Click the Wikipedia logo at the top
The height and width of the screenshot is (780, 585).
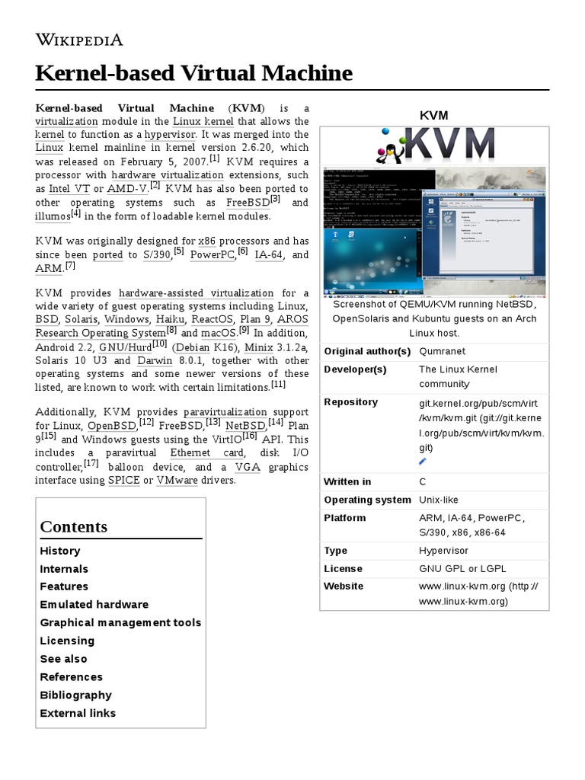click(79, 40)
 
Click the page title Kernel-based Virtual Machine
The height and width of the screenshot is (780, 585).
click(194, 73)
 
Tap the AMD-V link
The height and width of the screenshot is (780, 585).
click(127, 188)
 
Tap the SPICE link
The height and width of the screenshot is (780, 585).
click(123, 480)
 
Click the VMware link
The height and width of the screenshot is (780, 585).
click(177, 480)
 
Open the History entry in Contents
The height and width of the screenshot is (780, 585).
click(59, 551)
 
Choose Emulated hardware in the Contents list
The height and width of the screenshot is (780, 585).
click(94, 604)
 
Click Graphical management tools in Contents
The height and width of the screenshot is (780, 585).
click(120, 622)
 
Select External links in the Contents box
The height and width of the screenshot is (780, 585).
click(78, 713)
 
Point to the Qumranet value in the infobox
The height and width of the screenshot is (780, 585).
click(442, 351)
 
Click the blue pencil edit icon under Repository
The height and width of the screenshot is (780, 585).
click(423, 461)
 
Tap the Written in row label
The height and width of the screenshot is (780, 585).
click(347, 481)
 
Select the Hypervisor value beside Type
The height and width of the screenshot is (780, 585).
click(443, 550)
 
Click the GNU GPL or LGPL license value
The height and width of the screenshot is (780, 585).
click(462, 568)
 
